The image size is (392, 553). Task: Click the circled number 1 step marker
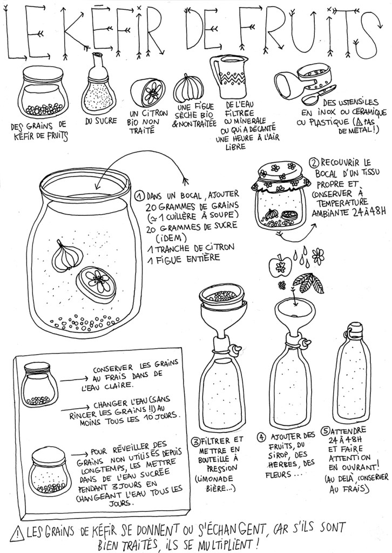(140, 195)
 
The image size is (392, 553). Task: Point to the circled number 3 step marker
(195, 441)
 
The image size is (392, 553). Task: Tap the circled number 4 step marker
(262, 438)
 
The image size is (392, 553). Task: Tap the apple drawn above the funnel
(280, 265)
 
